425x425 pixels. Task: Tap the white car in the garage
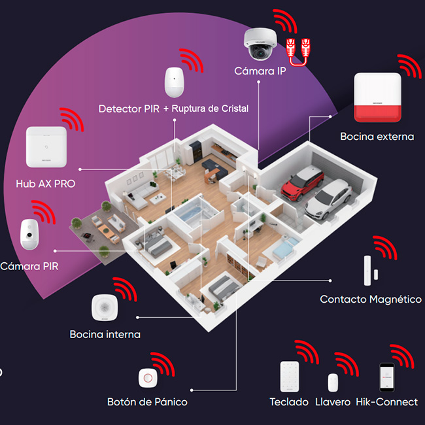point(329,199)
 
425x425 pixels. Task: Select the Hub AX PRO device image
point(46,146)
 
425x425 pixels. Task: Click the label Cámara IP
point(260,71)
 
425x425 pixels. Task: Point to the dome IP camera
point(260,44)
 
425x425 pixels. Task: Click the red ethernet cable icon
point(298,52)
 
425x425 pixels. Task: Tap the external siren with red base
point(377,97)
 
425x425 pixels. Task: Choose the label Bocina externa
point(377,137)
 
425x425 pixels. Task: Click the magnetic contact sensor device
point(371,271)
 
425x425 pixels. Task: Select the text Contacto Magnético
point(371,299)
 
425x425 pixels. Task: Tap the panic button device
point(148,378)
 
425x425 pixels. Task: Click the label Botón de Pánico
point(147,401)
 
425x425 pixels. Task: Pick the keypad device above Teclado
point(290,376)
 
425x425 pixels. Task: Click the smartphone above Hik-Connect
point(387,377)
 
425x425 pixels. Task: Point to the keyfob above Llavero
point(333,382)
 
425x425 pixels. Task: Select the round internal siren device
point(105,307)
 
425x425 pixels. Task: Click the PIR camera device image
point(29,235)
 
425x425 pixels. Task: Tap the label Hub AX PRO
point(46,184)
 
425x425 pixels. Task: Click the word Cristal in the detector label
point(235,109)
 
